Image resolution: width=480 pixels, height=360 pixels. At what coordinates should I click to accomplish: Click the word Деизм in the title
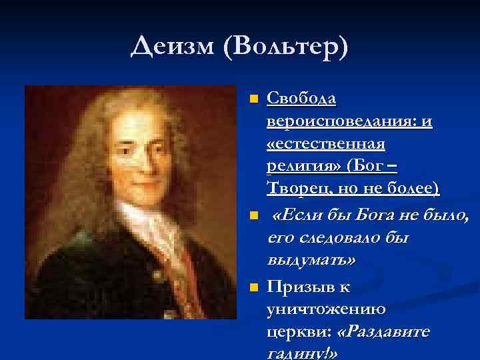pyautogui.click(x=173, y=47)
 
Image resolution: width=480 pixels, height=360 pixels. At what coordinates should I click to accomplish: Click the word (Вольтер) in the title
pyautogui.click(x=287, y=47)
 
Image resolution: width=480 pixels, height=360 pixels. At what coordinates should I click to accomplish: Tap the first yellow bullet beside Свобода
pyautogui.click(x=253, y=99)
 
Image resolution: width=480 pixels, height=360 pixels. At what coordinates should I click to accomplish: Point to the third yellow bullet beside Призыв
pyautogui.click(x=253, y=287)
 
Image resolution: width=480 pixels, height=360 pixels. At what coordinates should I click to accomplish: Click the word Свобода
pyautogui.click(x=301, y=99)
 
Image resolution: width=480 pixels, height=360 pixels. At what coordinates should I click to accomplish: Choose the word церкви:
pyautogui.click(x=299, y=331)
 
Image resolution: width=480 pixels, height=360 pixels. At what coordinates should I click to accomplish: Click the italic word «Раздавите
pyautogui.click(x=385, y=331)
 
